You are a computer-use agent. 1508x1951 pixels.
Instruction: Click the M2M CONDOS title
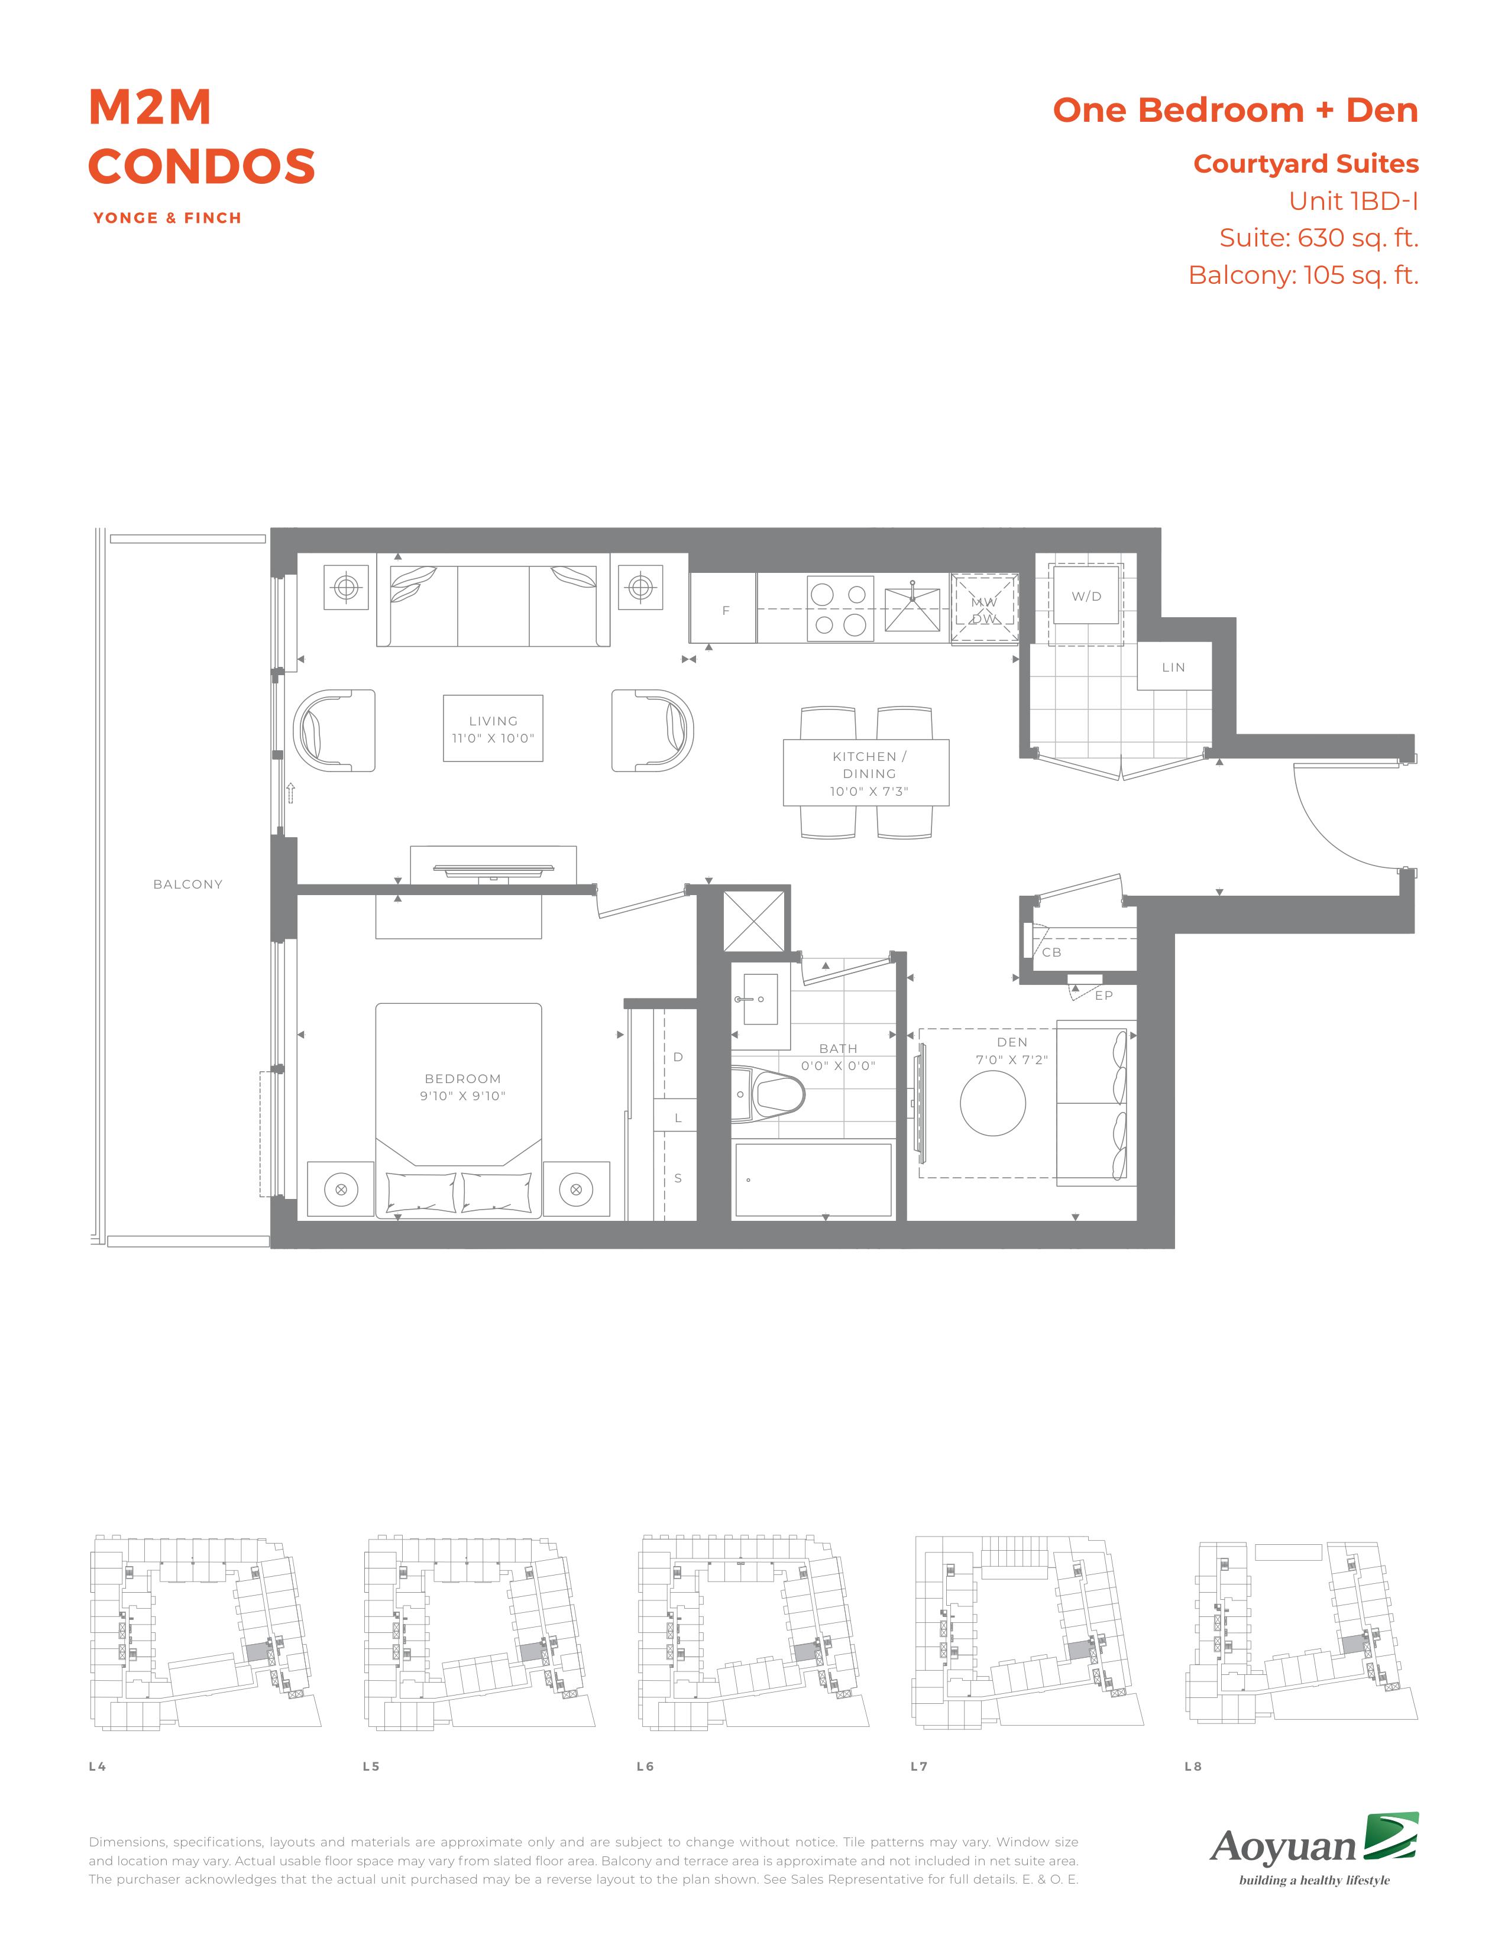click(202, 137)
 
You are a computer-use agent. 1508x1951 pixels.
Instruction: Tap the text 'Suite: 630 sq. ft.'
click(1319, 238)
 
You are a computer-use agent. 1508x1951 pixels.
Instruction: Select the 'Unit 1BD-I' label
click(1354, 201)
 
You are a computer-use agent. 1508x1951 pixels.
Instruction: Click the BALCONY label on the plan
click(187, 884)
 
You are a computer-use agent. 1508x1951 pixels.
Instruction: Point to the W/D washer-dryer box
click(1086, 596)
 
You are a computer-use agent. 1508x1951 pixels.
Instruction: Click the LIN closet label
click(1173, 667)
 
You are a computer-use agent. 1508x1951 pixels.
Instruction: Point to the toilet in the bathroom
click(768, 1093)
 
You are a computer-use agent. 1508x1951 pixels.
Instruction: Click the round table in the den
click(992, 1103)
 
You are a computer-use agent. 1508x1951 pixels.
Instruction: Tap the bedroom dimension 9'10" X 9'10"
click(463, 1096)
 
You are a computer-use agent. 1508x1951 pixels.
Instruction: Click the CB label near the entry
click(1051, 952)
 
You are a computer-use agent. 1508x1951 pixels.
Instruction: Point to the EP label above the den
click(1104, 995)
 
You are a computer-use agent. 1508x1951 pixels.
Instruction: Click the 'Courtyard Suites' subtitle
click(1306, 164)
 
